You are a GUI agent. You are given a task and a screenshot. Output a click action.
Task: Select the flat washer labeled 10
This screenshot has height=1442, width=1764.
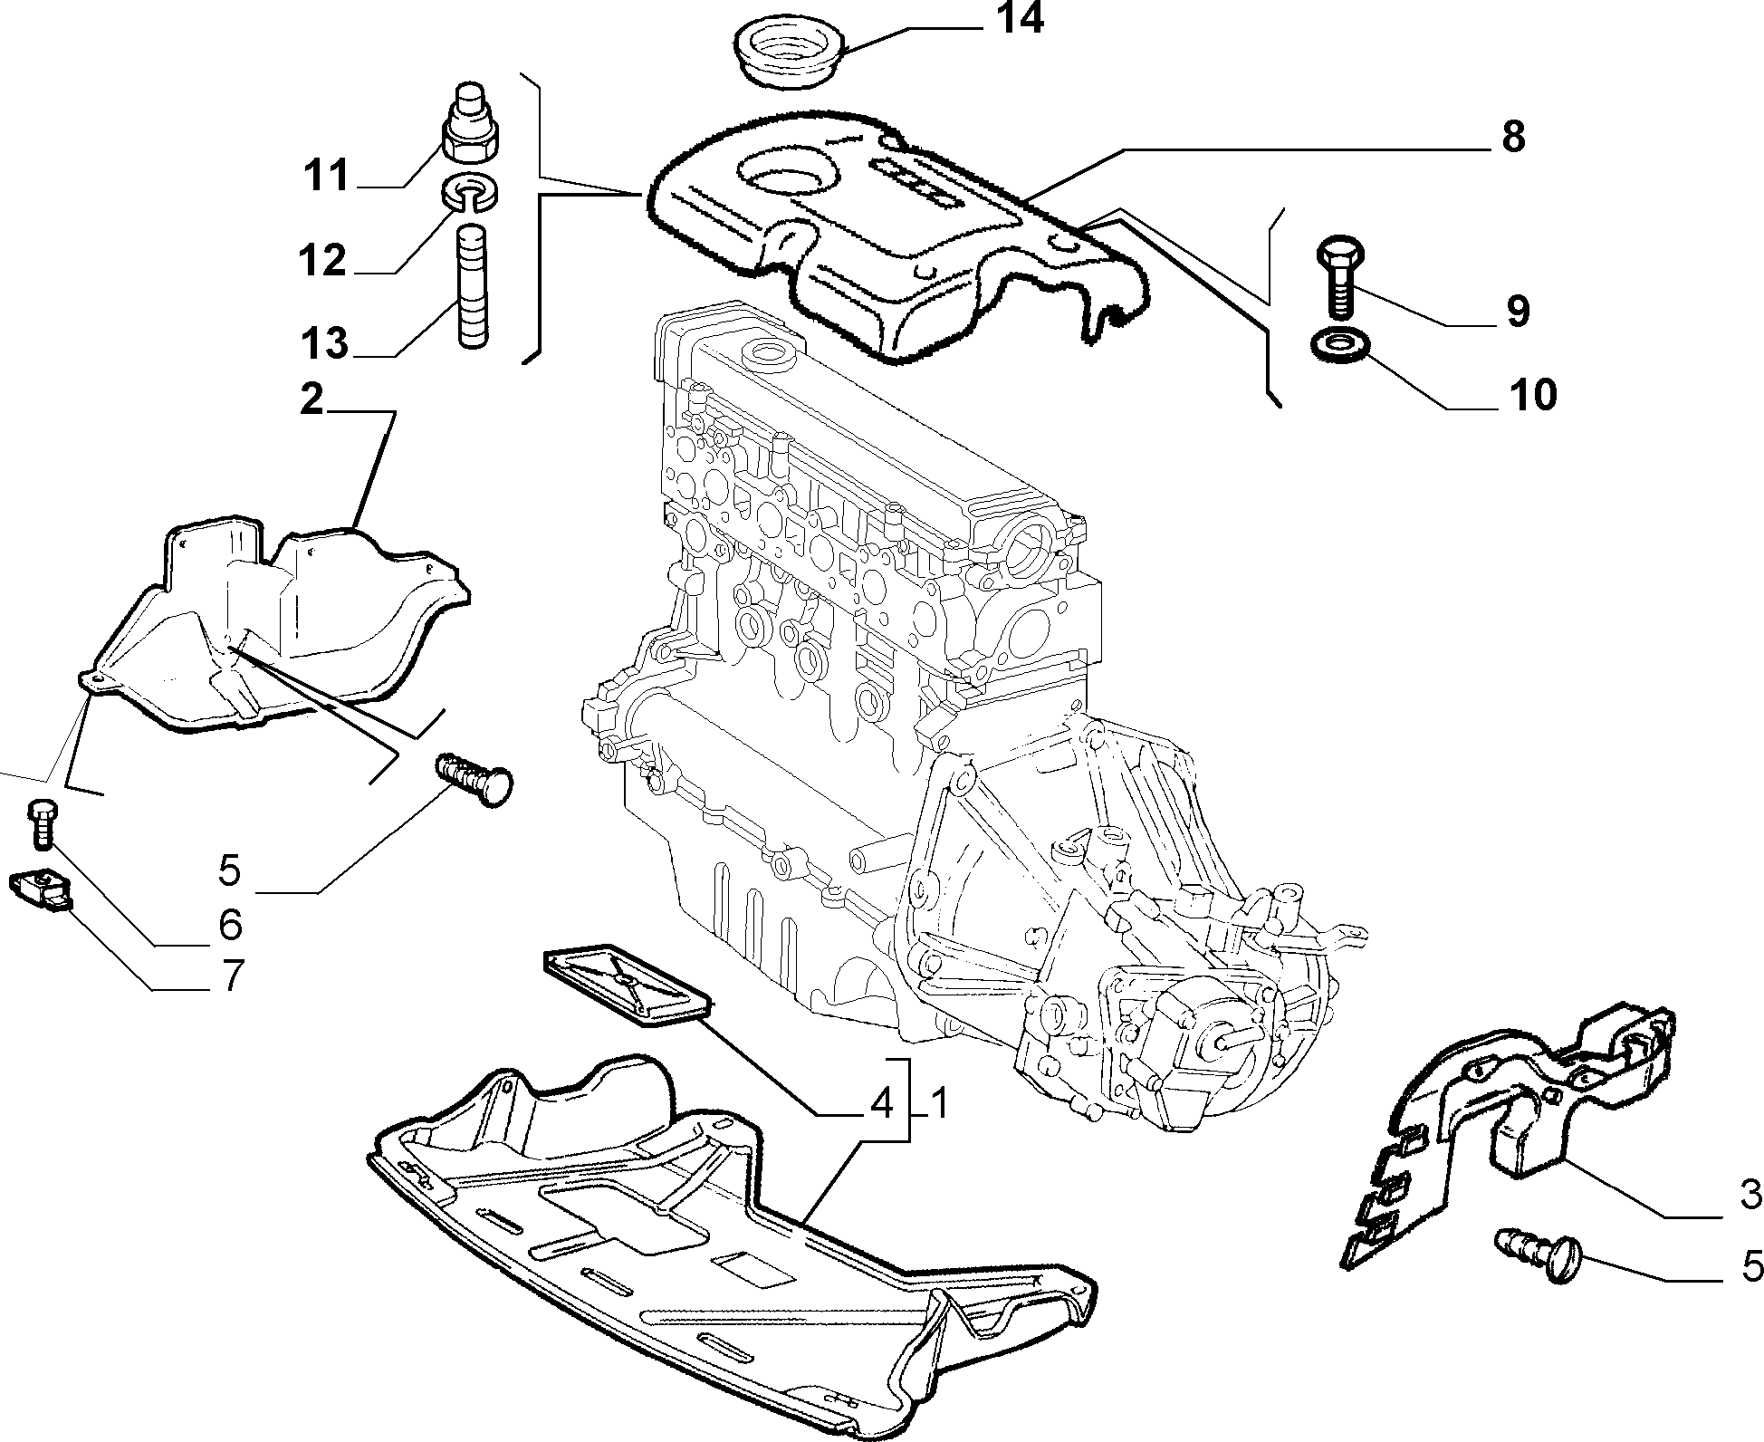point(1340,346)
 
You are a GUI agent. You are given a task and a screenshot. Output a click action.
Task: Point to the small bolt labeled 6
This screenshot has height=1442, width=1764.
point(40,823)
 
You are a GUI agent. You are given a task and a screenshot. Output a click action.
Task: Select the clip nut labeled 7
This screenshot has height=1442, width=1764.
point(41,890)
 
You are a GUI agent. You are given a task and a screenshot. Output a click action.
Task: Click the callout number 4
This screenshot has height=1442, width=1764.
point(880,1103)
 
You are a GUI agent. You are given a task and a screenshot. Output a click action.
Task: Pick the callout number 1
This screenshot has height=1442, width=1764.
point(938,1103)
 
